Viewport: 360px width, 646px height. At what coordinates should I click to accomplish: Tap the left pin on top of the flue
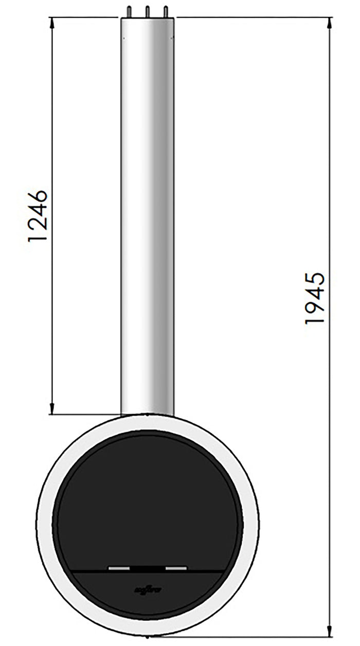129,12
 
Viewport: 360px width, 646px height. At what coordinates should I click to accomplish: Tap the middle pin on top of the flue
147,12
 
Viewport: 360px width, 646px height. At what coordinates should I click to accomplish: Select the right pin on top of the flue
166,12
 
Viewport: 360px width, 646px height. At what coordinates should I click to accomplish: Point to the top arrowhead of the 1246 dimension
53,22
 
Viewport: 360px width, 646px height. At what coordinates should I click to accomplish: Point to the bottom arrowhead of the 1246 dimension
53,409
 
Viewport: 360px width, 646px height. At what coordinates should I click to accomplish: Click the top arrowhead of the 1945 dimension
330,22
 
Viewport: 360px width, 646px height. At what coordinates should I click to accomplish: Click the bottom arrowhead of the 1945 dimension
330,632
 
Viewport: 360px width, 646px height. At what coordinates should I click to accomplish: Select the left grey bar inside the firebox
119,568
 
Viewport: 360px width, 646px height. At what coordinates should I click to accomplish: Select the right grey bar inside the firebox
176,568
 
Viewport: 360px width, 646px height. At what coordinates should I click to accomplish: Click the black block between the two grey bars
148,568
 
